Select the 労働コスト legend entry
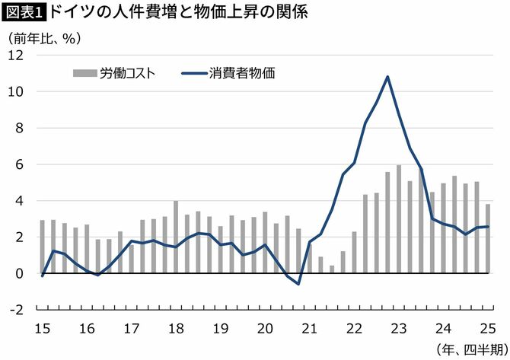[115, 73]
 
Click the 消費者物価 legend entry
[228, 73]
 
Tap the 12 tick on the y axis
[17, 56]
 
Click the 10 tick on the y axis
[17, 92]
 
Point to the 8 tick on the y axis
[21, 128]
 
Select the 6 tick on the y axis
[21, 164]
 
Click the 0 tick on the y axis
[21, 273]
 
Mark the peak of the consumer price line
[388, 76]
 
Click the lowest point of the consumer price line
[299, 284]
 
